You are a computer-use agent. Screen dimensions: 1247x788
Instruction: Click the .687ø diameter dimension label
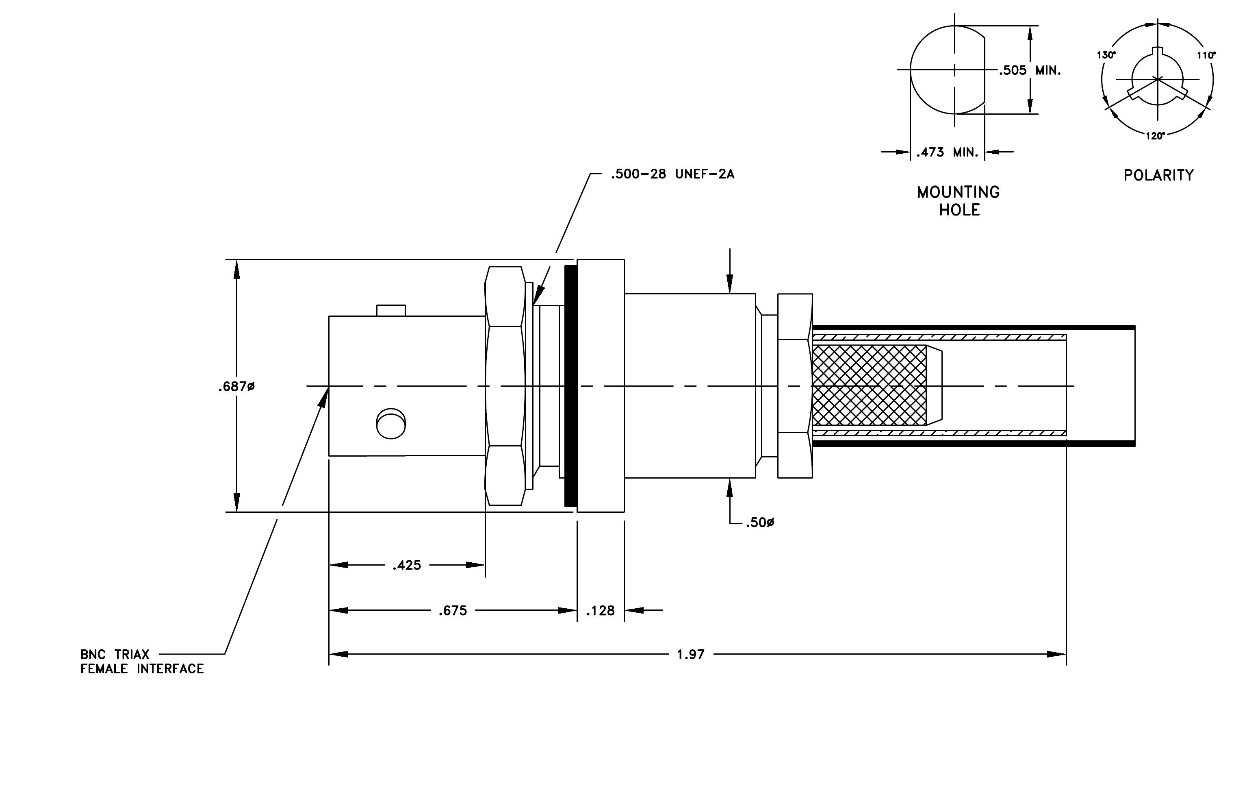[236, 387]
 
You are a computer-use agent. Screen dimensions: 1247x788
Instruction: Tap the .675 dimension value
[453, 611]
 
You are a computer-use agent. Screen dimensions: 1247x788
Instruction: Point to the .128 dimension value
[600, 611]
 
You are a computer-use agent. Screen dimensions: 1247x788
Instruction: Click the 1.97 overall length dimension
[691, 654]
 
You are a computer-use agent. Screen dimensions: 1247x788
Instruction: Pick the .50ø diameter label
[760, 523]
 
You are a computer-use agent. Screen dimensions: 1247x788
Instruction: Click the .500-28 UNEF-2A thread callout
[672, 174]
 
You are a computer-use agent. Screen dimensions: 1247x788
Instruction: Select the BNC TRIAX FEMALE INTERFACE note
[142, 662]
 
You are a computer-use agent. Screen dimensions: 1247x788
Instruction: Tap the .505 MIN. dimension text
[1030, 70]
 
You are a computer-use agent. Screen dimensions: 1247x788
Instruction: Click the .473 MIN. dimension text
[947, 152]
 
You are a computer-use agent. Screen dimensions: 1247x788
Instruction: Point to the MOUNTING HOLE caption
[959, 201]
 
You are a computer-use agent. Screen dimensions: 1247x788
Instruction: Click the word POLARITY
[1158, 175]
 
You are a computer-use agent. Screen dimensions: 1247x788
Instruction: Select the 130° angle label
[1106, 55]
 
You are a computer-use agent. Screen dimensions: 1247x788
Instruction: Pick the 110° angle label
[1206, 55]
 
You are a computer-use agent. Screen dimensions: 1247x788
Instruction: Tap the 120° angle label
[1155, 136]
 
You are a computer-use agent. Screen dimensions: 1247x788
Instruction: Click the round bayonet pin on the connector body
[391, 424]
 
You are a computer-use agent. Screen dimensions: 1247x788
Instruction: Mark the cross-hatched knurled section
[870, 385]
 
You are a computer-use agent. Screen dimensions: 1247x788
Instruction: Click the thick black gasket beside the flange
[571, 386]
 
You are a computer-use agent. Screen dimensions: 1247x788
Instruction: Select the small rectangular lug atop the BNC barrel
[391, 310]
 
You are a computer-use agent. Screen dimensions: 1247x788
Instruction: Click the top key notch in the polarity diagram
[1158, 51]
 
